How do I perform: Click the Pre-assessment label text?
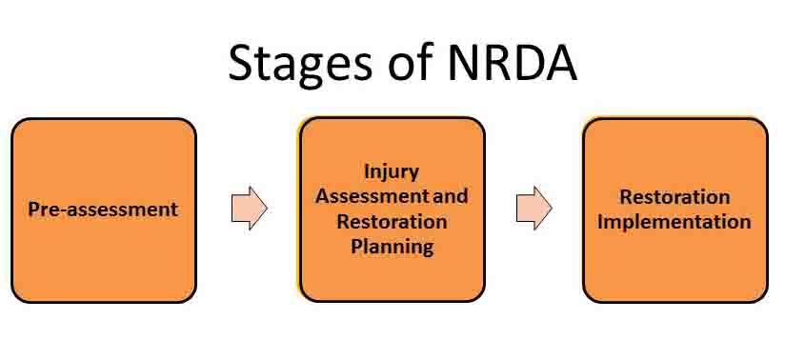pos(103,210)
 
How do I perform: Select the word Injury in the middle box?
pos(392,172)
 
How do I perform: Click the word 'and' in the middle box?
pos(452,197)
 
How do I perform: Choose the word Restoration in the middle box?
pos(392,222)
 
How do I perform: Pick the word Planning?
pos(392,247)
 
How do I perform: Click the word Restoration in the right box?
pos(674,198)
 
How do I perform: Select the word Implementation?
pos(674,222)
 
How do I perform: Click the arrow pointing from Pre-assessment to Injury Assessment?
pos(249,208)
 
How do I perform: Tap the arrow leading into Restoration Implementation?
pos(533,208)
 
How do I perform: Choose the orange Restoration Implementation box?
pos(674,267)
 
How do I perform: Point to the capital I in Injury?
pos(367,172)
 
